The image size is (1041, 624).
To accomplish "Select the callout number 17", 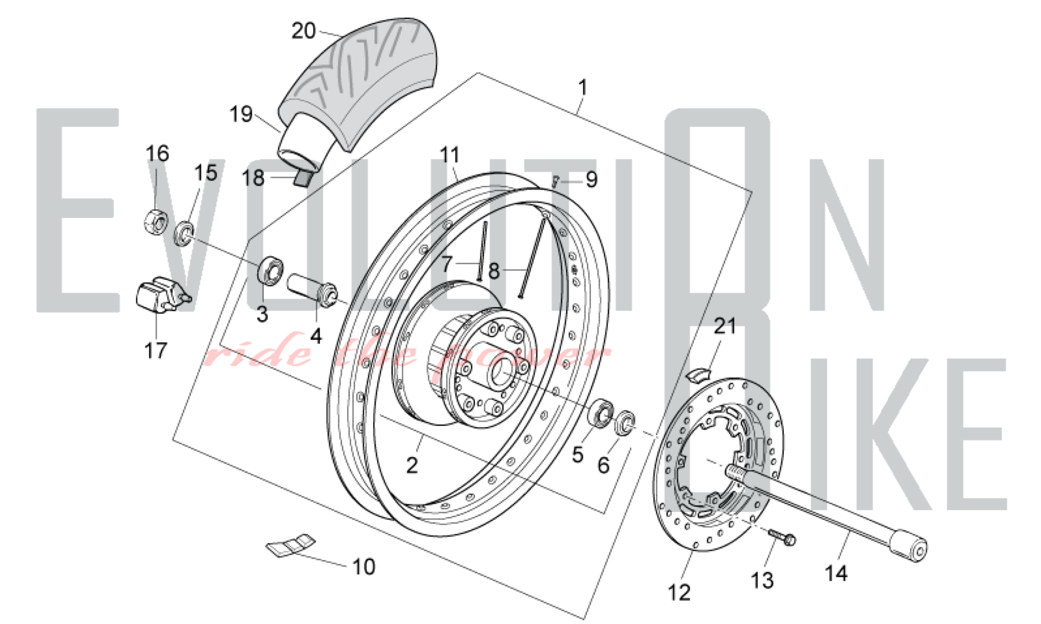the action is tap(156, 351).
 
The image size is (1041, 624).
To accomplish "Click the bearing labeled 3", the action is tap(271, 270).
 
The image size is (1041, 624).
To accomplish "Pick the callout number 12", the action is tap(679, 592).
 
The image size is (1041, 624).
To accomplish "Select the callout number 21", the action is tap(725, 327).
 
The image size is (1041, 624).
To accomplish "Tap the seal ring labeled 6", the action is tap(625, 422).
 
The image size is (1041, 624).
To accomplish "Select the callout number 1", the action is tap(582, 87).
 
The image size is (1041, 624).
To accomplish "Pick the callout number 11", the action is tap(450, 155).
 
